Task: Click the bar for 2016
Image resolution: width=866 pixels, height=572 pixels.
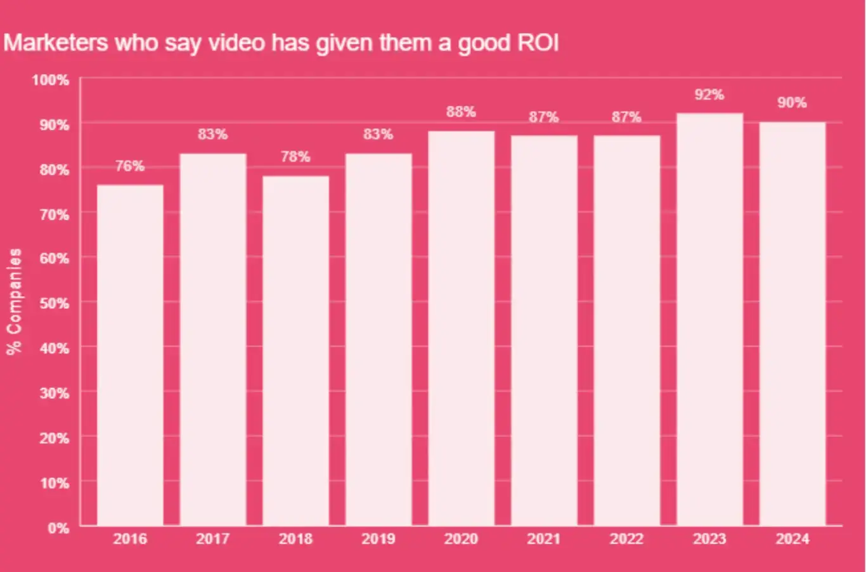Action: [x=130, y=355]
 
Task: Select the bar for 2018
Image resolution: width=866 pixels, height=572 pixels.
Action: [x=295, y=351]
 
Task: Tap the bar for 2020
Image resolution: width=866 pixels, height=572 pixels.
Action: [x=461, y=328]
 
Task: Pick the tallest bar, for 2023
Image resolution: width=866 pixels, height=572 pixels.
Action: [x=709, y=319]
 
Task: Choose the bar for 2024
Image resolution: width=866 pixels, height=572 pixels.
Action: [x=792, y=323]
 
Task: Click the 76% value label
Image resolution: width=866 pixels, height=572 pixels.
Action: [x=130, y=166]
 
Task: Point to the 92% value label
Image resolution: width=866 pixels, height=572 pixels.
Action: [x=709, y=94]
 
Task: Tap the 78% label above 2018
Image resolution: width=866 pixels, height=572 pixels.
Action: [x=295, y=157]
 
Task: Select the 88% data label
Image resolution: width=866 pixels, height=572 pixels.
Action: [x=461, y=112]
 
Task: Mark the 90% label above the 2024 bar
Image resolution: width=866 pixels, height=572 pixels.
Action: [x=792, y=103]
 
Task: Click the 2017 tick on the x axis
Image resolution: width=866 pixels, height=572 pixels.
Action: [x=212, y=539]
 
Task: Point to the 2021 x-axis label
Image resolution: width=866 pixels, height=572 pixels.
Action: [x=544, y=539]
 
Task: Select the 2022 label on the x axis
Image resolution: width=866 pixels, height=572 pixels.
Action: [x=626, y=539]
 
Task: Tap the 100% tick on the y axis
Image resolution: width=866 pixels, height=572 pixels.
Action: [x=51, y=80]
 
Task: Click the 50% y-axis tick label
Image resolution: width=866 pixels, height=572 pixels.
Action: [x=54, y=303]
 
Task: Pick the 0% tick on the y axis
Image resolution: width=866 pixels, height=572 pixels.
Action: [x=58, y=528]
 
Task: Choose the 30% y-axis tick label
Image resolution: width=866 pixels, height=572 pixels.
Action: [x=54, y=393]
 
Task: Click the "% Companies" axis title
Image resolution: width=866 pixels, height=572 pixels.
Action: [x=14, y=301]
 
